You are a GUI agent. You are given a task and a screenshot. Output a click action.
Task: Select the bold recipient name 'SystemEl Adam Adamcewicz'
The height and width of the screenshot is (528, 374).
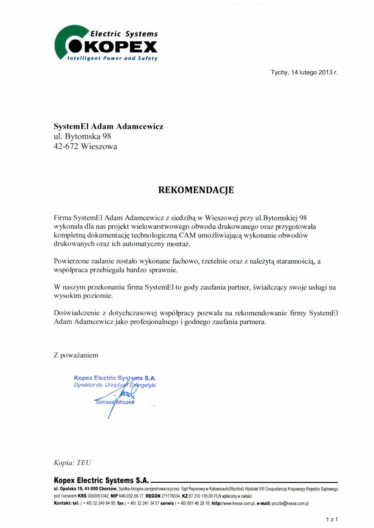point(108,126)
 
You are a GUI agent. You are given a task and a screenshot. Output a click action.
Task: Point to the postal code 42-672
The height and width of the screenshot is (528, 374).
point(66,147)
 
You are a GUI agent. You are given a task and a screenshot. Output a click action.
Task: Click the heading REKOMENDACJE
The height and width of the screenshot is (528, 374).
point(196,190)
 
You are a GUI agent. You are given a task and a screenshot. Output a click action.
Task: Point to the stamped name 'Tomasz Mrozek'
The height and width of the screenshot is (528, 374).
point(115,402)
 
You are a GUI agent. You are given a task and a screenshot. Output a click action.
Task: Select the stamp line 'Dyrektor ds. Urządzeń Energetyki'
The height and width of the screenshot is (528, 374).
point(115,385)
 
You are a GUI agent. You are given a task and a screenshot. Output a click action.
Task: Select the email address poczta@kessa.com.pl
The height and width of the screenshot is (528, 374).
point(288,503)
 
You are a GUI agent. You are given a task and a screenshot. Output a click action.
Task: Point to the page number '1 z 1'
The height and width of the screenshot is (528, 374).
point(331,519)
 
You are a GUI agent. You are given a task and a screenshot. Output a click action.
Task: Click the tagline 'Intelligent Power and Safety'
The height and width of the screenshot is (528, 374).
point(112,59)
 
